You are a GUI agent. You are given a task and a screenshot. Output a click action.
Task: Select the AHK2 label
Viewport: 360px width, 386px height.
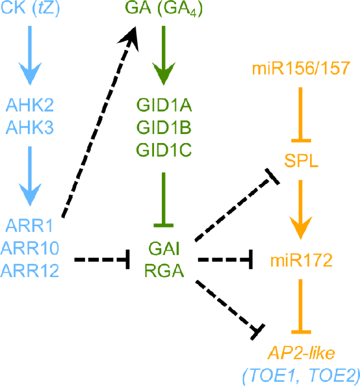tap(32, 105)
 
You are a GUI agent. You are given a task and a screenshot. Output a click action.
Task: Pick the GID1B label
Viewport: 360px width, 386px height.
tap(164, 128)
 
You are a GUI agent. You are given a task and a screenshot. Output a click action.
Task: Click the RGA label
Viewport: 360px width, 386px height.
tap(164, 271)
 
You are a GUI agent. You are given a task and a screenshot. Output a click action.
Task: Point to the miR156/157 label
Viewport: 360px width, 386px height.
tap(301, 68)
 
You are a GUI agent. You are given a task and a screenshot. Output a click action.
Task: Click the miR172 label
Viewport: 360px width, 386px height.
tap(301, 260)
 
